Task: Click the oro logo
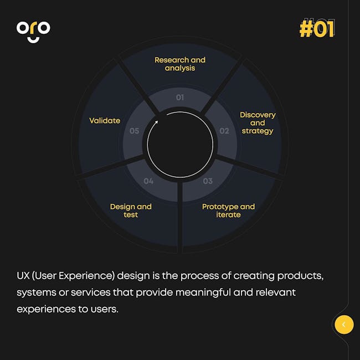click(x=33, y=32)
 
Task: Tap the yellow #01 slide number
click(x=316, y=29)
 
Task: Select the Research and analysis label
click(x=180, y=64)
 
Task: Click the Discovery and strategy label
click(x=258, y=123)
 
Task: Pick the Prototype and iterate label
click(x=228, y=210)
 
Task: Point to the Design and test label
click(x=131, y=210)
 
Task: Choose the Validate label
click(x=105, y=121)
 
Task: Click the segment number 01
click(x=180, y=97)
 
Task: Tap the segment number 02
click(x=224, y=131)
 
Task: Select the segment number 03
click(x=208, y=181)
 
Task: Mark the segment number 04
click(x=148, y=181)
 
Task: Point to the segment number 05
click(x=135, y=131)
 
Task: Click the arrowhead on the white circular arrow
click(x=156, y=122)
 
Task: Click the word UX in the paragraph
click(x=23, y=276)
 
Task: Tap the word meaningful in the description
click(x=203, y=293)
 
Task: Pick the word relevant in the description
click(x=275, y=292)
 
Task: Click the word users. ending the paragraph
click(x=105, y=310)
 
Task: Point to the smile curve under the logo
click(x=33, y=40)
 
